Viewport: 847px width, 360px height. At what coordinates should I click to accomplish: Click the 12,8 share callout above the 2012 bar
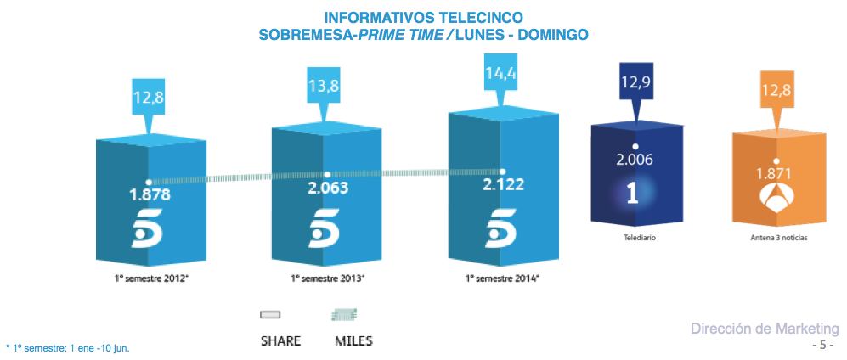pyautogui.click(x=149, y=97)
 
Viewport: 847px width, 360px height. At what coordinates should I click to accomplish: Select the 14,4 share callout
pyautogui.click(x=500, y=73)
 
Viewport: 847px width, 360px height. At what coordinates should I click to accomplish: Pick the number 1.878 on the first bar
pyautogui.click(x=150, y=194)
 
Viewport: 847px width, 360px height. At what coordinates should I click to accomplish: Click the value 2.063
pyautogui.click(x=327, y=187)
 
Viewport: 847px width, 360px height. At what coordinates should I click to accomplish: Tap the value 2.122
pyautogui.click(x=502, y=184)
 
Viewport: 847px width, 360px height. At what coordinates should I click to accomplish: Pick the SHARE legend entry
pyautogui.click(x=280, y=341)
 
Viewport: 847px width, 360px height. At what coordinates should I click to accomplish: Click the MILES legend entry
pyautogui.click(x=353, y=341)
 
